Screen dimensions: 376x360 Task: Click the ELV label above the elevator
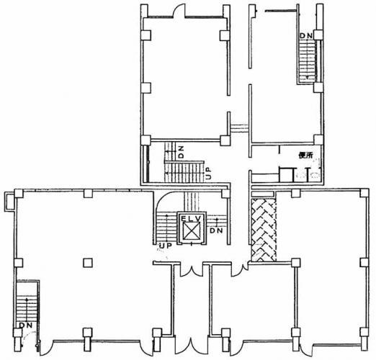192,218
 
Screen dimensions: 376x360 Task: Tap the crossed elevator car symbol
192,231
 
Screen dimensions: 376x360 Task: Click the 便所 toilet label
305,156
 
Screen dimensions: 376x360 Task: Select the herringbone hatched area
264,230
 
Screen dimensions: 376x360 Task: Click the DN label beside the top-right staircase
307,35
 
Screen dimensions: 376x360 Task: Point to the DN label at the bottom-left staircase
26,325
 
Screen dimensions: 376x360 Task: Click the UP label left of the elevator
165,246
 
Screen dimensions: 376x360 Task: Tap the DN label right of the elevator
216,230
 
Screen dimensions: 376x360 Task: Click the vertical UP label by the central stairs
209,173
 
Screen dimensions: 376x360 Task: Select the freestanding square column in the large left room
88,263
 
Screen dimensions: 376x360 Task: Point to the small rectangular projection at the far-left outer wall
9,202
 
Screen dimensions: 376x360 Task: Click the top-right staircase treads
307,60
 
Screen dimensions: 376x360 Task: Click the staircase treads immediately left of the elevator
166,228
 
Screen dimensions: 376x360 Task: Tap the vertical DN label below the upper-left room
182,152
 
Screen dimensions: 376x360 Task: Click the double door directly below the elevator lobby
191,271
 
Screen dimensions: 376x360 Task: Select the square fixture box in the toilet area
286,174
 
